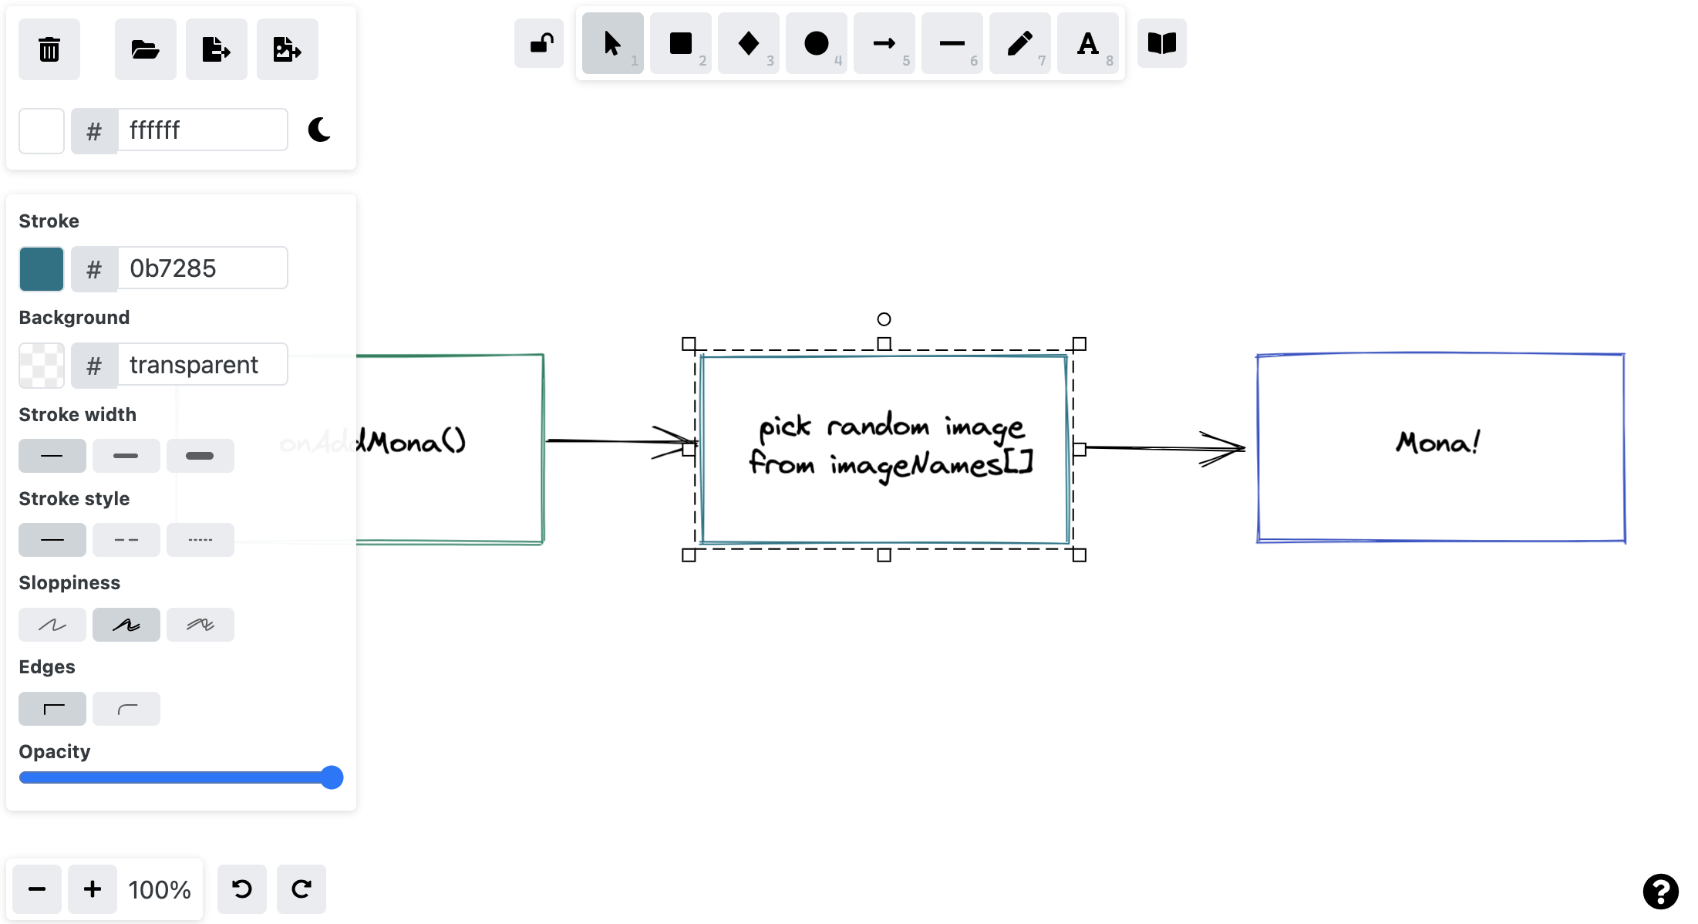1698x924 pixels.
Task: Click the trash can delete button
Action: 49,49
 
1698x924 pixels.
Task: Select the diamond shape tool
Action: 748,44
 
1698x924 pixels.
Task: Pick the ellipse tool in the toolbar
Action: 816,44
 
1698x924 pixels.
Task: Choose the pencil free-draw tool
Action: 1019,44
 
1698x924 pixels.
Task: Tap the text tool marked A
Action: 1087,44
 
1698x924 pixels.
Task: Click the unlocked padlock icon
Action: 540,44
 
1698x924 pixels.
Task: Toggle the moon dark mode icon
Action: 319,130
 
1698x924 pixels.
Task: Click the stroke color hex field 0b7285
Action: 202,268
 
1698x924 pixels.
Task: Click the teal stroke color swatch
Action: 42,268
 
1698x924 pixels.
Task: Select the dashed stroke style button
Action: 126,540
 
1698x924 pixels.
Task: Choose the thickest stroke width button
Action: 200,456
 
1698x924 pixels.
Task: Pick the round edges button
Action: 126,709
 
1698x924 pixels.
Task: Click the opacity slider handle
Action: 332,777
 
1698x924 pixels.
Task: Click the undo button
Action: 242,889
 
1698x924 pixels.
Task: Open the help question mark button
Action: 1660,892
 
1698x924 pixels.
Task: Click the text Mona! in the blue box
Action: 1438,443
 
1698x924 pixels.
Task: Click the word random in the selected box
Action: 878,426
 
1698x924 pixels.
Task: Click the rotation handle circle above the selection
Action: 884,319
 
